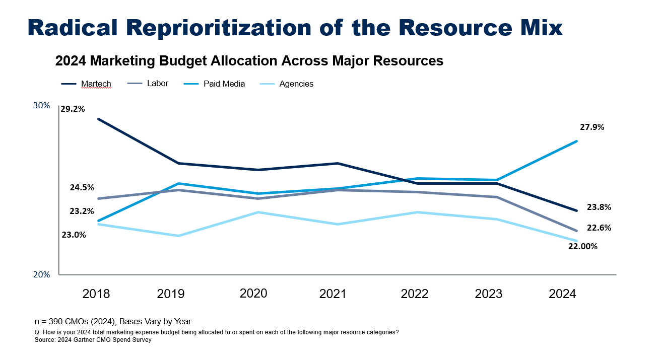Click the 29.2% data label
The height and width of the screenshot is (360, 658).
coord(73,108)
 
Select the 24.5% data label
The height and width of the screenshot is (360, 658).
coord(82,187)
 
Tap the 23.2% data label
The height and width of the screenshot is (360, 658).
coord(82,211)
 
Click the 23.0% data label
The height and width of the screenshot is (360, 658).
coord(74,235)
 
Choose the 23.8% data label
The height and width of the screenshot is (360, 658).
coord(599,207)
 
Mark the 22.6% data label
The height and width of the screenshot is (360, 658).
coord(599,228)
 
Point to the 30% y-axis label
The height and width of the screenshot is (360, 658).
coord(42,106)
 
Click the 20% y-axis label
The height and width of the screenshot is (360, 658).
coord(42,275)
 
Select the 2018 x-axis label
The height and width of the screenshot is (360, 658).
coord(96,294)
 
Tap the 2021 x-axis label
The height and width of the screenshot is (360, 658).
coord(333,294)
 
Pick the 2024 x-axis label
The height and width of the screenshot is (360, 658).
coord(562,294)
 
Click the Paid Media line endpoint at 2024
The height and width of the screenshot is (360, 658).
coord(576,141)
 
